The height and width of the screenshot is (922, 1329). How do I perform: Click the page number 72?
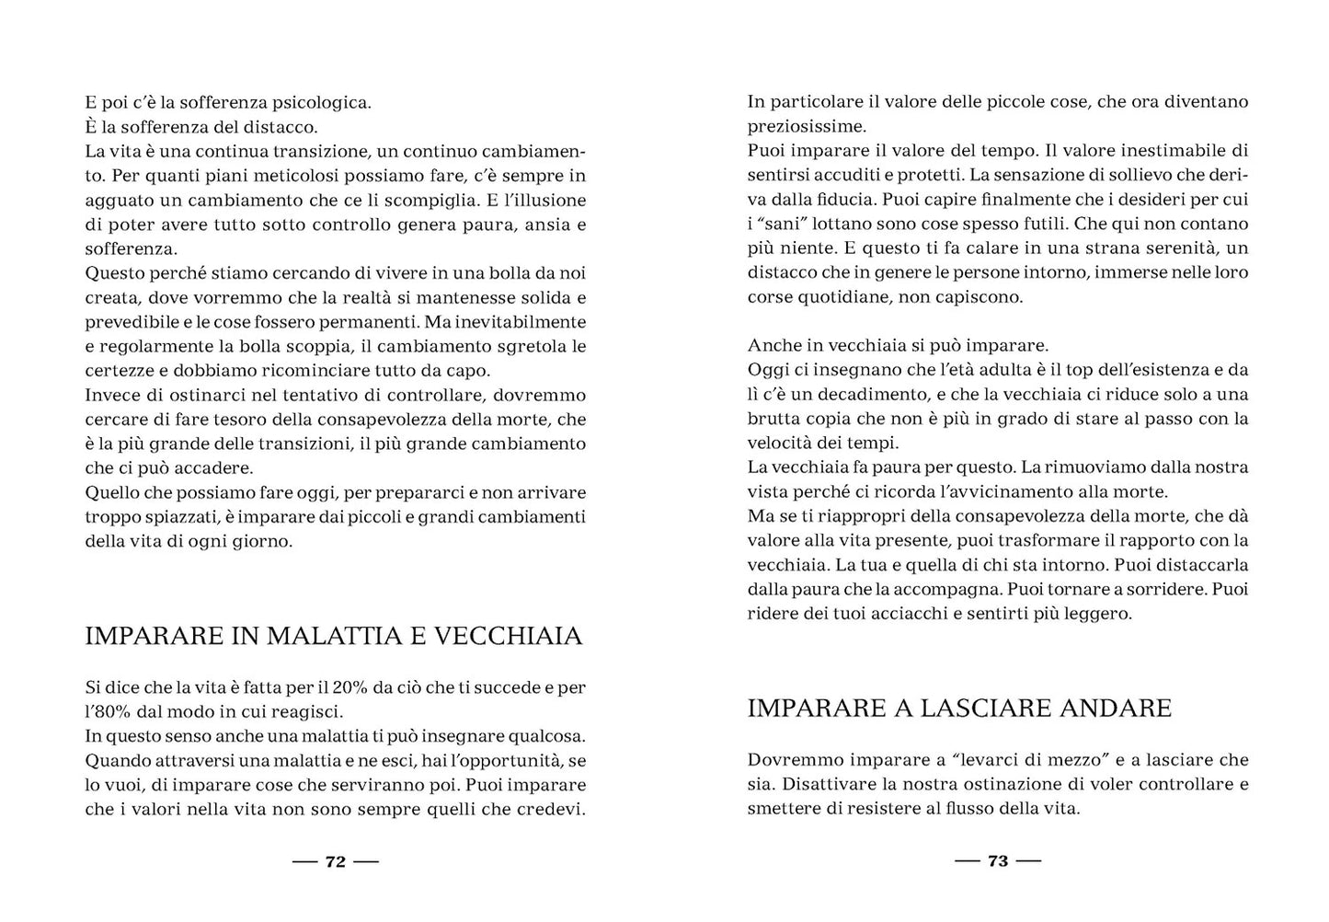click(x=336, y=862)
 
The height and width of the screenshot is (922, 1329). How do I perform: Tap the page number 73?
click(x=998, y=862)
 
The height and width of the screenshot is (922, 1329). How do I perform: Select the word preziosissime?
click(x=806, y=126)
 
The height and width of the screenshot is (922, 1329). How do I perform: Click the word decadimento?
click(x=866, y=395)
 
